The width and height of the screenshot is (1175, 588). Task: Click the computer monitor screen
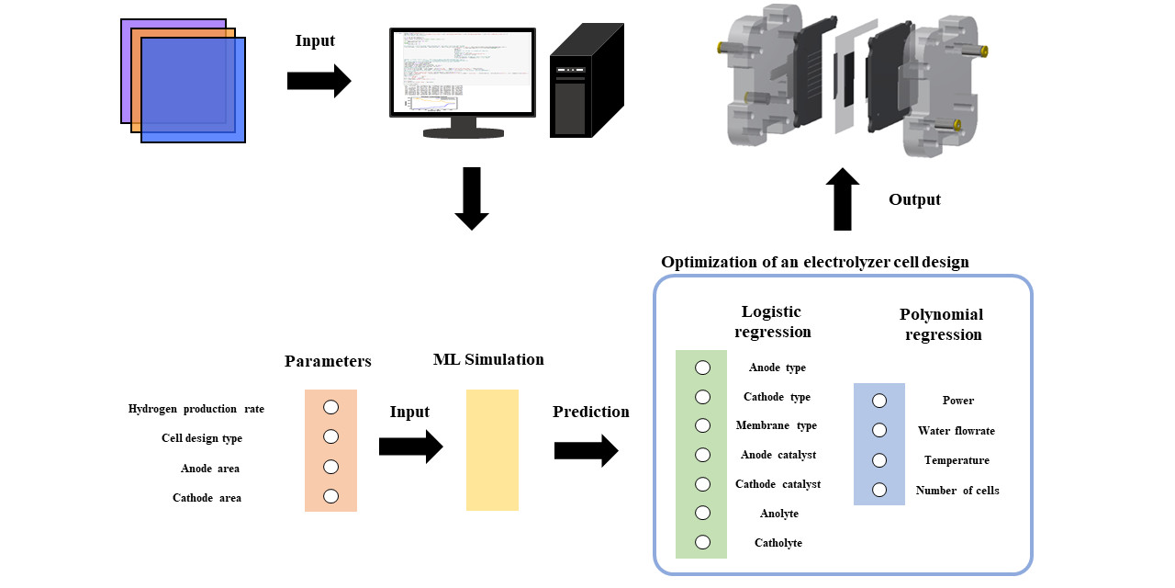(x=464, y=72)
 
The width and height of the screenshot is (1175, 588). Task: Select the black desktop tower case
(x=585, y=83)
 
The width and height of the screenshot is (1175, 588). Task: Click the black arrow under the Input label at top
(x=319, y=81)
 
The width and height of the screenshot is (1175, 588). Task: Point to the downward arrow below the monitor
(x=472, y=198)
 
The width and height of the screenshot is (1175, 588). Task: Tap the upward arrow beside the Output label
(x=843, y=199)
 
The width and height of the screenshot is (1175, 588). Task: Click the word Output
(x=913, y=199)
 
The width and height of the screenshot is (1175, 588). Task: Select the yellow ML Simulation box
(x=492, y=450)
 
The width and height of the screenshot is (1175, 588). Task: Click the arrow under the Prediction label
(x=586, y=451)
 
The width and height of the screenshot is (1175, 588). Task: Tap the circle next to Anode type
(x=702, y=367)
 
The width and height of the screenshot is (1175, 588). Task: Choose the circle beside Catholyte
(x=702, y=542)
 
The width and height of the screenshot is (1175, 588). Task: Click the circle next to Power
(x=878, y=401)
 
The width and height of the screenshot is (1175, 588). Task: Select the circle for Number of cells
(x=878, y=490)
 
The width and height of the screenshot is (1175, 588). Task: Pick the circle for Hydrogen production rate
(x=330, y=407)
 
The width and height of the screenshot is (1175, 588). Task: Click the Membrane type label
(x=776, y=426)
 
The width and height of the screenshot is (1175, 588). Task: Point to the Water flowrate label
(x=956, y=431)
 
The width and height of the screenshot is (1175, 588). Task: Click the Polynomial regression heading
(x=942, y=324)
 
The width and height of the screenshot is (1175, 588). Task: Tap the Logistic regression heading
(x=772, y=322)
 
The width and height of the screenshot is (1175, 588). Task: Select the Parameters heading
(x=328, y=361)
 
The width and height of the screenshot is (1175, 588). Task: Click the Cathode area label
(x=207, y=498)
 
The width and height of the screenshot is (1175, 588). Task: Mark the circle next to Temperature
(x=878, y=459)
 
